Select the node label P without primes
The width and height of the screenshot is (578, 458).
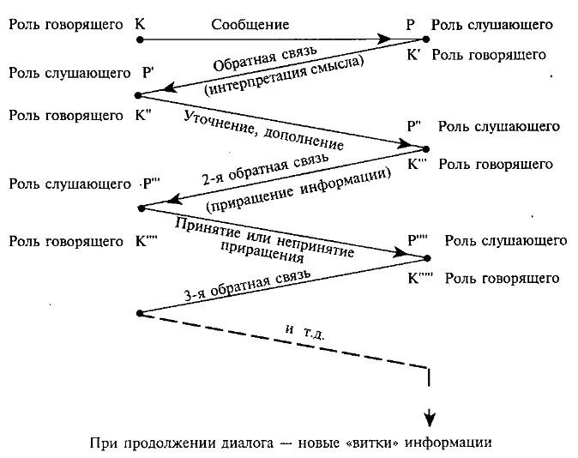[411, 25]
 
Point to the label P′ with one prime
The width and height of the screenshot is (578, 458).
[148, 73]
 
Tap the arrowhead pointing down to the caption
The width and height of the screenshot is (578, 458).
[429, 418]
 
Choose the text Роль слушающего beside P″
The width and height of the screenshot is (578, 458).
[498, 127]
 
